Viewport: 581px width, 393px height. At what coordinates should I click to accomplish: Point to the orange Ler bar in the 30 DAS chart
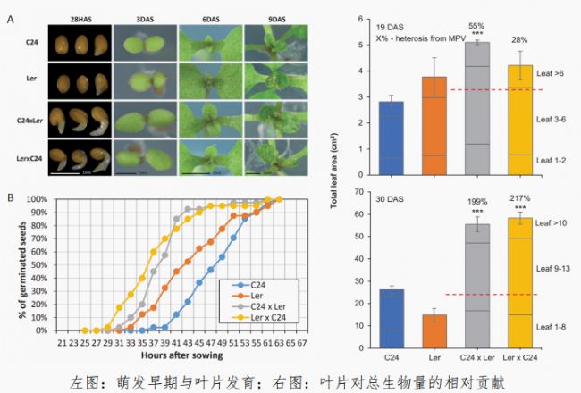[x=434, y=331]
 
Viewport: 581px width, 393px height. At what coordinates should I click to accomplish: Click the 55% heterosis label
[x=481, y=26]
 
